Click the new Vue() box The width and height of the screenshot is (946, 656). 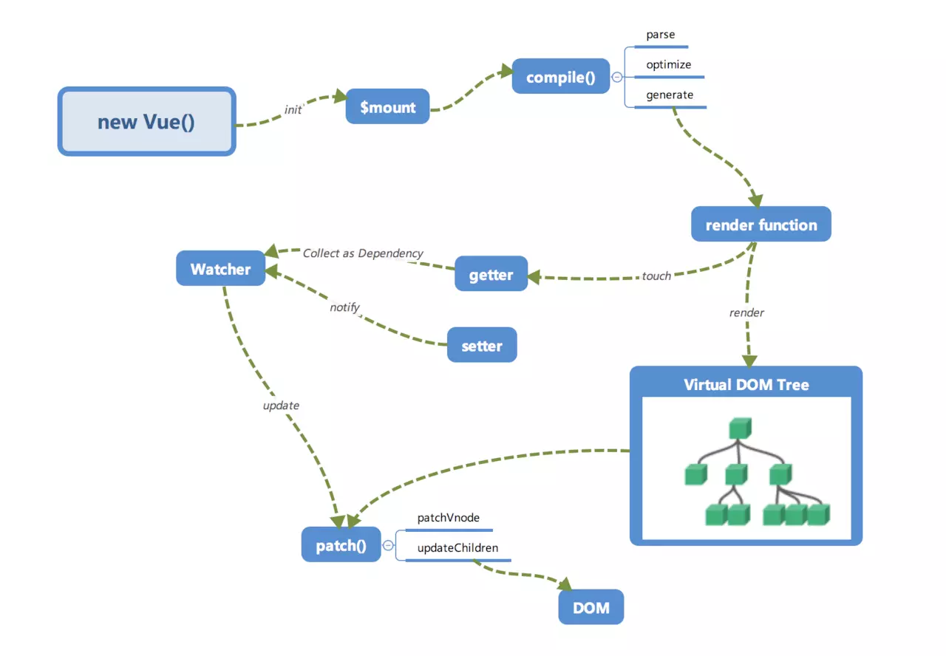coord(146,122)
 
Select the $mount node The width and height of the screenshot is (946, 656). coord(387,107)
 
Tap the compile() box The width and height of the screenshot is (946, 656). coord(560,77)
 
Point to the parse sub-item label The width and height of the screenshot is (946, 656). coord(660,35)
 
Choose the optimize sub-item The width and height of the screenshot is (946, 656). coord(668,65)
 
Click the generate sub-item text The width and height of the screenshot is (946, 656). coord(670,95)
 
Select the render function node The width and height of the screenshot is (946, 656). coord(760,225)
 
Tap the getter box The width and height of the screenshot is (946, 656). coord(491,275)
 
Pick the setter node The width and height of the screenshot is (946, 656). coord(481,346)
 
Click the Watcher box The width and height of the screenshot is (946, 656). coord(220,269)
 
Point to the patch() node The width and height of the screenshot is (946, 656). coord(341,546)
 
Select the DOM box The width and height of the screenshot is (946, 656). coord(591,608)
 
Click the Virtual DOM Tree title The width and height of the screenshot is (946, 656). coord(746,384)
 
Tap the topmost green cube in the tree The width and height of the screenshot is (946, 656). coord(739,428)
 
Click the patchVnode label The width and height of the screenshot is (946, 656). coord(448,519)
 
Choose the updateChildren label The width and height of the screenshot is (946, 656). coord(457,548)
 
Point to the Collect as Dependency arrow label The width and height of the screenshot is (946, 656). coord(363,253)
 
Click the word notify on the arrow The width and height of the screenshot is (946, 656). coord(344,307)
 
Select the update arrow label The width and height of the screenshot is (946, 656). coord(281,406)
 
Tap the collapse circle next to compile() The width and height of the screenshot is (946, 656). coord(616,77)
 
